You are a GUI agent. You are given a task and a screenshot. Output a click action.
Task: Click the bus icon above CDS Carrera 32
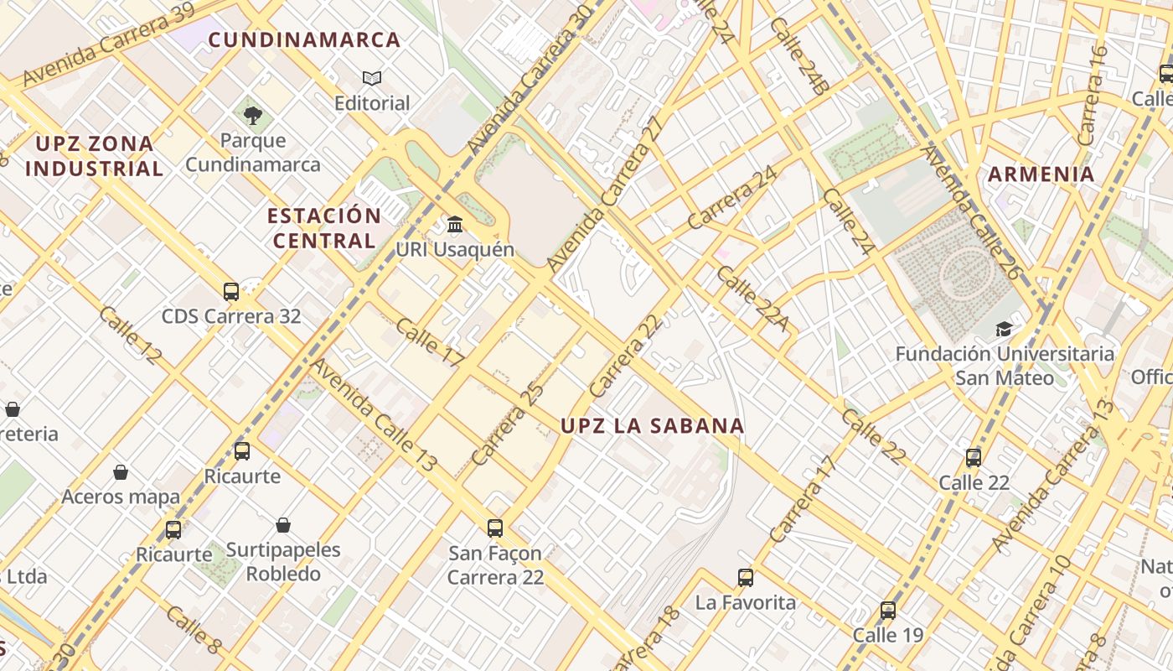click(231, 292)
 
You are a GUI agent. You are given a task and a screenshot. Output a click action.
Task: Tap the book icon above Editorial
click(372, 78)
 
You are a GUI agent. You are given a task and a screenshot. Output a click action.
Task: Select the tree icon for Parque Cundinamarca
click(252, 115)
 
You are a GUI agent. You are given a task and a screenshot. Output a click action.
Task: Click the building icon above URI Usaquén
click(455, 224)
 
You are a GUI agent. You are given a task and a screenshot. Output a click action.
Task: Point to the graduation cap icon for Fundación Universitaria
click(1004, 329)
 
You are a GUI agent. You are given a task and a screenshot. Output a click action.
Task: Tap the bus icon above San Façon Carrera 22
click(495, 528)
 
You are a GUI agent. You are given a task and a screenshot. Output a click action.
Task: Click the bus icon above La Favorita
click(745, 577)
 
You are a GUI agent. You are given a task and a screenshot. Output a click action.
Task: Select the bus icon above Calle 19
click(887, 610)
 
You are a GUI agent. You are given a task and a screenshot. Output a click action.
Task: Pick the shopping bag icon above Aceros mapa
click(121, 471)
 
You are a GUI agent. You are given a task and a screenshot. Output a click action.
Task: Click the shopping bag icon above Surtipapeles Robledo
click(283, 525)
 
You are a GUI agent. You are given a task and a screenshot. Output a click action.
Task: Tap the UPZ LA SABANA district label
click(652, 426)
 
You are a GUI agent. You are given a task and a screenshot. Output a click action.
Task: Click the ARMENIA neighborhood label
click(1041, 174)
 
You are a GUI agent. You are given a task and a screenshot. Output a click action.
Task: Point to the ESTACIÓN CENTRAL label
click(324, 228)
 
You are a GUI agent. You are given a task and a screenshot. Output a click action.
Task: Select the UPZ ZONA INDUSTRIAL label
click(94, 156)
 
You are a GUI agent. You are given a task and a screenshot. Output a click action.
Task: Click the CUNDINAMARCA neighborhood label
click(304, 39)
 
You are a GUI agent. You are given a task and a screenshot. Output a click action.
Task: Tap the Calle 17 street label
click(430, 342)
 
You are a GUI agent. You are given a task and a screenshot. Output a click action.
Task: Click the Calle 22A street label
click(753, 299)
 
